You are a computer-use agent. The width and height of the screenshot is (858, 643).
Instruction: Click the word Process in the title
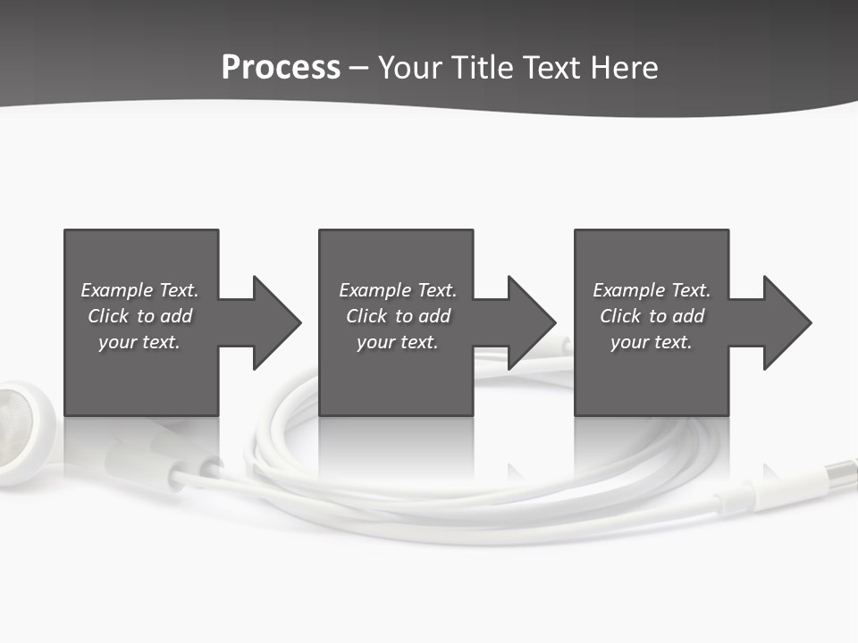click(x=281, y=68)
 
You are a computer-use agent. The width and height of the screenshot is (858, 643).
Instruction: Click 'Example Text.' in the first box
click(x=139, y=290)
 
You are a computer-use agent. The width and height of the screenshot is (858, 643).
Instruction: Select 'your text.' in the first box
click(x=139, y=342)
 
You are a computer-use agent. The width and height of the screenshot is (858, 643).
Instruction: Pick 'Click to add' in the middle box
click(x=398, y=316)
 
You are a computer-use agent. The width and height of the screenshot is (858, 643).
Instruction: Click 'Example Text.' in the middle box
click(x=398, y=290)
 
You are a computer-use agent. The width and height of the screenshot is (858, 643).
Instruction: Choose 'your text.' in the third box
click(x=652, y=342)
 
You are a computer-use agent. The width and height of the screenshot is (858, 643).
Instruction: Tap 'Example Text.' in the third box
click(x=652, y=290)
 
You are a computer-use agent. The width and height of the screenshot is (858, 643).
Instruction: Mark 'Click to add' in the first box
click(x=139, y=316)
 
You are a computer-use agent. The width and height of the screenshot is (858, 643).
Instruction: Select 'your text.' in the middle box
click(x=398, y=342)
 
